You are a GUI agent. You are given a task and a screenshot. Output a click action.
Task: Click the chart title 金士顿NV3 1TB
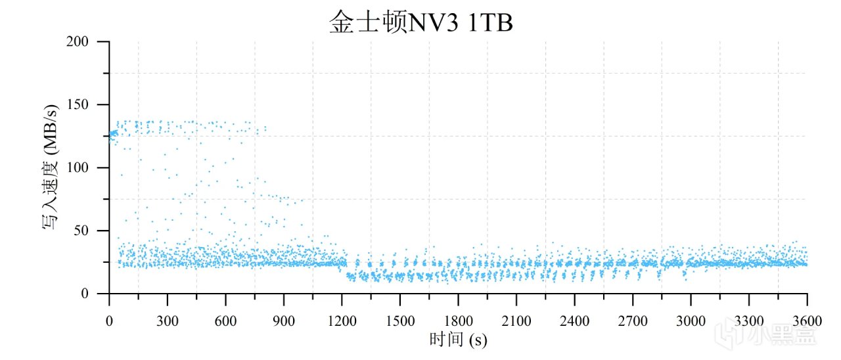(x=420, y=22)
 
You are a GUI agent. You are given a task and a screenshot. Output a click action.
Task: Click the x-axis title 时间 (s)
(x=458, y=340)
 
